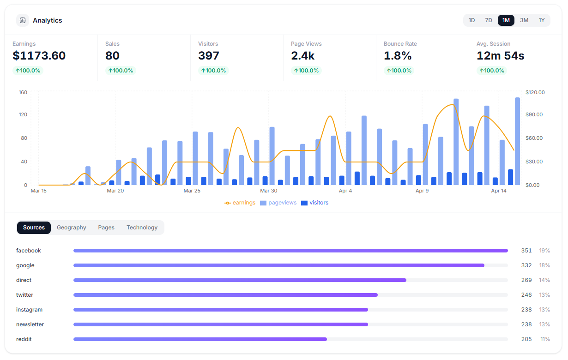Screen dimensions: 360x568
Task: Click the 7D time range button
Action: (x=489, y=20)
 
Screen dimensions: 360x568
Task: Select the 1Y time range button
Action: (x=542, y=20)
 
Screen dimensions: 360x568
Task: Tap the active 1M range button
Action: (x=506, y=20)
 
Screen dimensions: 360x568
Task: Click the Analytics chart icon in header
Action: (x=23, y=20)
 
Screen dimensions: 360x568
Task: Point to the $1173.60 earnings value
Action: (x=39, y=56)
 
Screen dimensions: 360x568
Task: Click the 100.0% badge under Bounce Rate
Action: (x=399, y=71)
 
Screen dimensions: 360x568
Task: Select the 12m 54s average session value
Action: (x=501, y=56)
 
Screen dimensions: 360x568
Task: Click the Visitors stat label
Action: (x=208, y=44)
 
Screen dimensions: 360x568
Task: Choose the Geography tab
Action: (x=72, y=228)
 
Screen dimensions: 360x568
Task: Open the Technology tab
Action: (x=142, y=228)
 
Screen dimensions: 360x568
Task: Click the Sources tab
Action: (x=34, y=228)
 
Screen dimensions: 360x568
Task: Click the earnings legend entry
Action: (x=240, y=203)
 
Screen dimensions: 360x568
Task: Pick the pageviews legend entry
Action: (x=278, y=203)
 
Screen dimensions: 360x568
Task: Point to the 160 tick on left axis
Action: (x=23, y=92)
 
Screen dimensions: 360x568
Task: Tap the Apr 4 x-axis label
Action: (x=345, y=191)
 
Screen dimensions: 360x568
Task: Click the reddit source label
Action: (x=24, y=339)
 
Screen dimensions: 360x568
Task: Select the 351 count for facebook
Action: (x=526, y=251)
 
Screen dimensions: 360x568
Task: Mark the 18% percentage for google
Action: (x=544, y=265)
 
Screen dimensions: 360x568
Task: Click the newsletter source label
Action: (x=30, y=324)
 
